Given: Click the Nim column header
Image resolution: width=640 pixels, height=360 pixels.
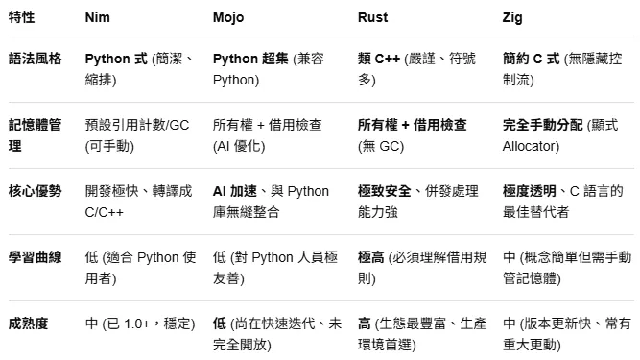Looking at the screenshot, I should (x=97, y=18).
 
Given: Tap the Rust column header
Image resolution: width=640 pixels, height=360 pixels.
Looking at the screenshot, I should (x=372, y=18).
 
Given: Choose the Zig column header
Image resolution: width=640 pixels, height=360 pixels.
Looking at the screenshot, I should (x=512, y=18).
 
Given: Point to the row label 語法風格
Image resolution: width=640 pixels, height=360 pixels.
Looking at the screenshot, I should (x=36, y=60).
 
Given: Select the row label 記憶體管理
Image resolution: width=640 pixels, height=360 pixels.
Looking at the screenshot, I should (x=36, y=135).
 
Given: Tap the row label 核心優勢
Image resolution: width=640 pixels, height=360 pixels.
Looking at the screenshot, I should (x=36, y=191).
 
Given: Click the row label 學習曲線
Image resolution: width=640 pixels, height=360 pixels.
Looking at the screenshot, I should (x=36, y=257).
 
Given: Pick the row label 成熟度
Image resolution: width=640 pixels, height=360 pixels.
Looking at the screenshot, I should (x=30, y=324).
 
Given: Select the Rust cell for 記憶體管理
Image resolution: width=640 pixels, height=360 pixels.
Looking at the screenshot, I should (x=413, y=135).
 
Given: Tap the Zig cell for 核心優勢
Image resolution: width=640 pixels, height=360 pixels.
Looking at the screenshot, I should (x=566, y=201).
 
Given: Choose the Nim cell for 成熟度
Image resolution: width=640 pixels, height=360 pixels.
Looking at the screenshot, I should (x=139, y=324).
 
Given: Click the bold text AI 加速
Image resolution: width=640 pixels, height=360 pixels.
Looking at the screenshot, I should (x=235, y=191).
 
